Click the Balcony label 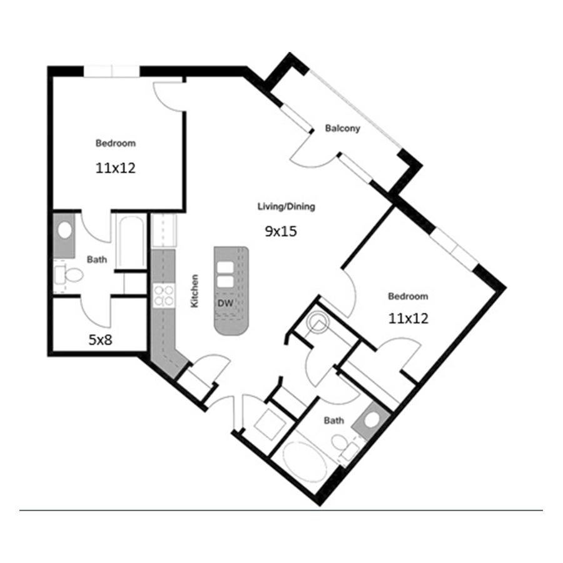342,128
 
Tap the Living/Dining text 286,206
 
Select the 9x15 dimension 281,231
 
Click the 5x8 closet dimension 100,340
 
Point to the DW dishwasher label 225,303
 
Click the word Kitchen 195,291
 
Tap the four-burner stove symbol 164,295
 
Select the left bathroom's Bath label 97,259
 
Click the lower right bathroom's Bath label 334,420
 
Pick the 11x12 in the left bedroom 115,168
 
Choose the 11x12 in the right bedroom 408,318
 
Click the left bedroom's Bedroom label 116,143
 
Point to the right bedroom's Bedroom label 408,297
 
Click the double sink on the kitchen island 225,275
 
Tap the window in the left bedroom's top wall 112,71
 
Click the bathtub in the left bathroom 131,241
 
